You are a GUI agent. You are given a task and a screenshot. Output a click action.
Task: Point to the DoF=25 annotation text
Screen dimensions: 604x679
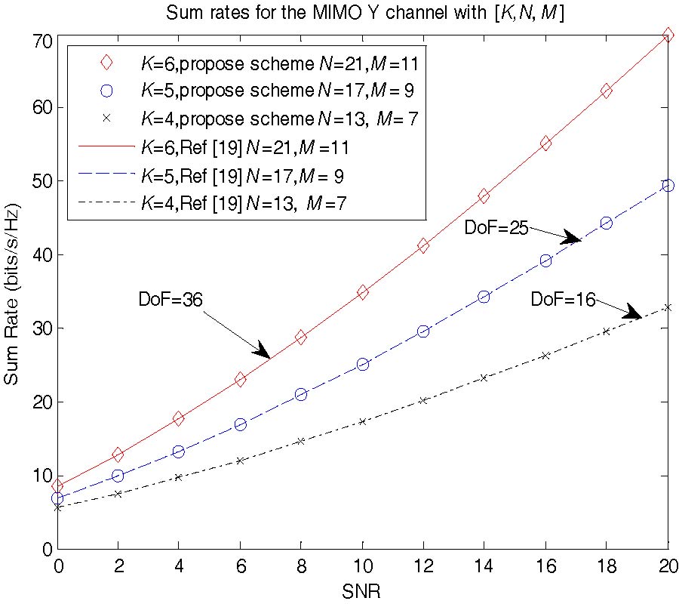(496, 226)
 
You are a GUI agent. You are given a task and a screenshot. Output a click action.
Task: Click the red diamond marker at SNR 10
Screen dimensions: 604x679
(362, 292)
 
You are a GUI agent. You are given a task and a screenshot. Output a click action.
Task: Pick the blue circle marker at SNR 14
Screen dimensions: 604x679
(484, 297)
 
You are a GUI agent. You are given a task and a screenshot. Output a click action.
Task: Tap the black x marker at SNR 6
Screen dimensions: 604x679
(240, 460)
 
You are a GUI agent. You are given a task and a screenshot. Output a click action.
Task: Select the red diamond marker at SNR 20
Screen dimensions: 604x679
(668, 35)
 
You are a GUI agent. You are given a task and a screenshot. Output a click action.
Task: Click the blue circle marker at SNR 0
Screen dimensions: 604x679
(57, 498)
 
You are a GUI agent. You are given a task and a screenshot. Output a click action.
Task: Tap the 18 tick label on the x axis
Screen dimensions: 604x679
(606, 566)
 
